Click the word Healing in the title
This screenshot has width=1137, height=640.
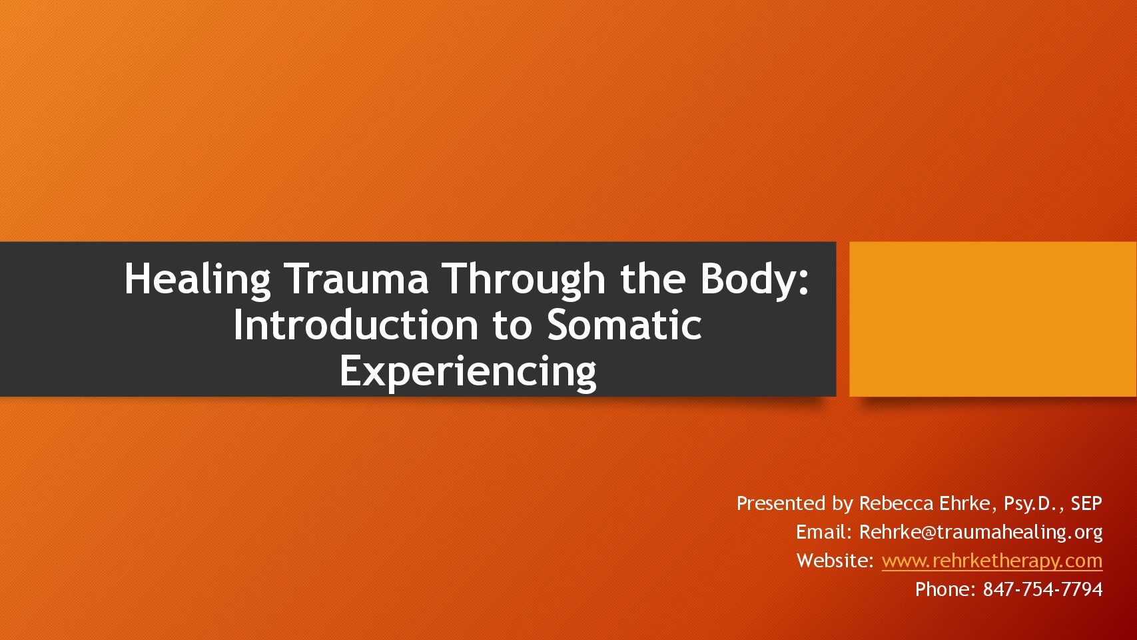tap(197, 280)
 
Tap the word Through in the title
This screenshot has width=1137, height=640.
tap(526, 280)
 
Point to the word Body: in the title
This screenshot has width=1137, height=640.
tap(755, 280)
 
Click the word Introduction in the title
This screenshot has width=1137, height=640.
tap(356, 325)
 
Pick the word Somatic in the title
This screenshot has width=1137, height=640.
tap(624, 325)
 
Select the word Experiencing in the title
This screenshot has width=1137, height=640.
tap(468, 372)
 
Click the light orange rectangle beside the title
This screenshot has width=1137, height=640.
tap(993, 319)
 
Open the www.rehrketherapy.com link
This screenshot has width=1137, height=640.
tap(992, 561)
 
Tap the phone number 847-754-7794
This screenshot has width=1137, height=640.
tap(1042, 589)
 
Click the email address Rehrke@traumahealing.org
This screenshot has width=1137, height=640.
tap(980, 532)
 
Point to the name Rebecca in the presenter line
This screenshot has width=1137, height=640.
tap(897, 503)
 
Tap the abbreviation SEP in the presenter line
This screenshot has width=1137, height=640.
tap(1086, 503)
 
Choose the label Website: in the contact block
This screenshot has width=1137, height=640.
tap(835, 561)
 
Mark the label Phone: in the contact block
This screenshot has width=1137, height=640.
tap(945, 589)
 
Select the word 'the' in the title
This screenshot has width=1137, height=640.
tap(653, 279)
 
